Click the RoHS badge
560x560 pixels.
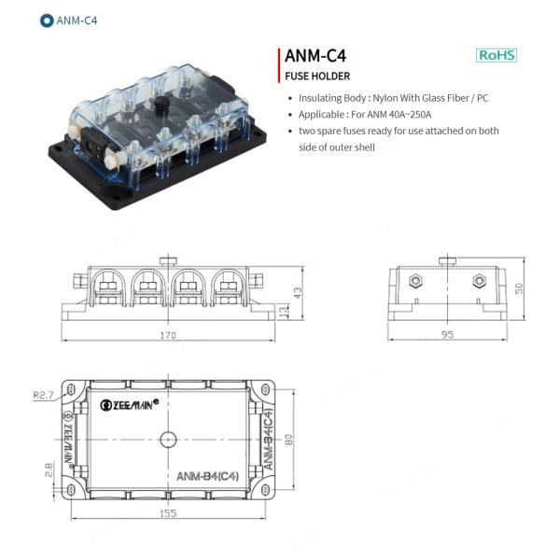(497, 55)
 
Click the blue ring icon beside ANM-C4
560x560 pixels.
(47, 21)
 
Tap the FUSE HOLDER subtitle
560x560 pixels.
(317, 77)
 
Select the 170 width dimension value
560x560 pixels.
(168, 335)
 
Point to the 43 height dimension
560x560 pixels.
(298, 293)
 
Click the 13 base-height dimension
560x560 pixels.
(283, 312)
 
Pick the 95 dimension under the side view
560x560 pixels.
(447, 334)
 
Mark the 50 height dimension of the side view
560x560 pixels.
(519, 288)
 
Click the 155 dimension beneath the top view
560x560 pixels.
(168, 513)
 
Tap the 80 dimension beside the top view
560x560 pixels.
(288, 440)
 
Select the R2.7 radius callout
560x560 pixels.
(43, 395)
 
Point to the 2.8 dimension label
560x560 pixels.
(49, 469)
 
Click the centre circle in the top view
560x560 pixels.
(168, 440)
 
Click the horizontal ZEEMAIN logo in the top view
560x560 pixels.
(130, 405)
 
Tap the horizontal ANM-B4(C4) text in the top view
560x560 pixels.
(207, 476)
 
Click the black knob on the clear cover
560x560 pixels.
(161, 104)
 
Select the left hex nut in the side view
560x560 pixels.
(415, 281)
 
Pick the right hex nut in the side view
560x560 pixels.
(479, 281)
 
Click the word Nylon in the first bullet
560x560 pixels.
(385, 98)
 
